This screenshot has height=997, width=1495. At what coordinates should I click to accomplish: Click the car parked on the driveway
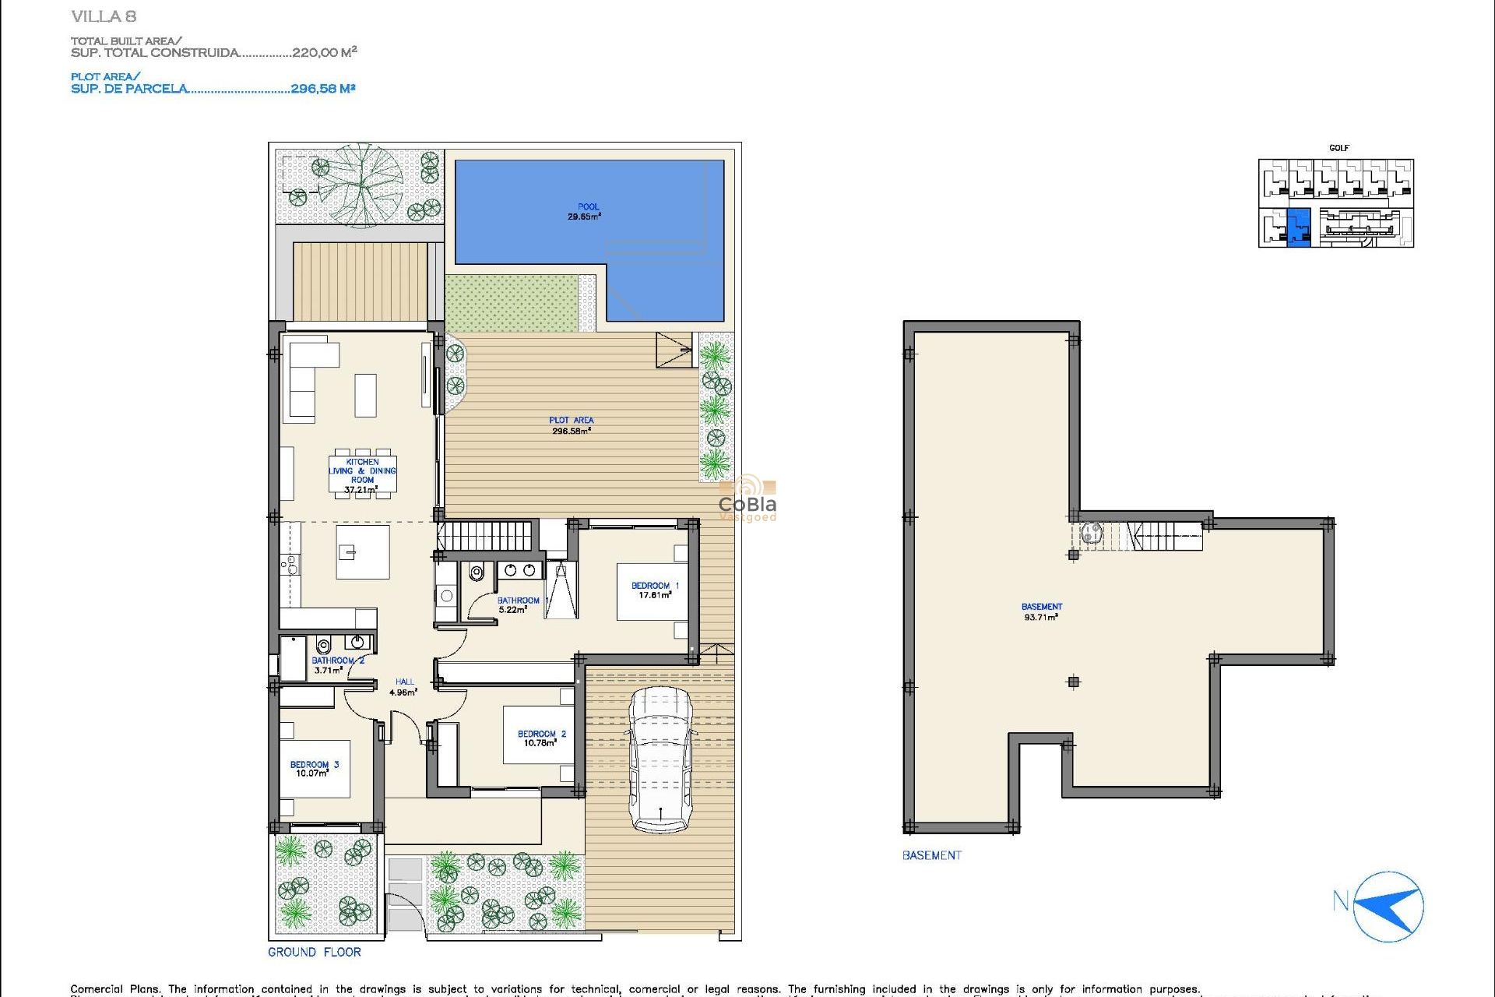point(660,759)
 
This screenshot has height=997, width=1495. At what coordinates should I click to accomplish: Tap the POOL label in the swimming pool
point(588,207)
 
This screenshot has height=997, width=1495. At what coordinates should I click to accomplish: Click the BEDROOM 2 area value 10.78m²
point(540,744)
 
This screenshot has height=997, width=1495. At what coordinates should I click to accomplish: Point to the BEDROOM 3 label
point(315,765)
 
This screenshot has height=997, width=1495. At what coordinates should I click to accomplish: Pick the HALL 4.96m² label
point(403,687)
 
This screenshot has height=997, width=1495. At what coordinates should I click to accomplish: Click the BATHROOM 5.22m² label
point(518,605)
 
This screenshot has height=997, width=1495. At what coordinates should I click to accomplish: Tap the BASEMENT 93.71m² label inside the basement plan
point(1041,611)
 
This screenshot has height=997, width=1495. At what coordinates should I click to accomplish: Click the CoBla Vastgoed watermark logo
point(747,499)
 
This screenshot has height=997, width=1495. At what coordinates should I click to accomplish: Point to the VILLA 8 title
point(103,16)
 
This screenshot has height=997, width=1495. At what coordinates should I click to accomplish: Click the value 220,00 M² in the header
point(324,53)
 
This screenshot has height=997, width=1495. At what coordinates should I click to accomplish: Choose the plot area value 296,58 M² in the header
point(322,89)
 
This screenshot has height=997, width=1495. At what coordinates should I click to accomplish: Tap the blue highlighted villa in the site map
point(1298,227)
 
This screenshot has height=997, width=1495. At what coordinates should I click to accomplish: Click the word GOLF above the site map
point(1338,148)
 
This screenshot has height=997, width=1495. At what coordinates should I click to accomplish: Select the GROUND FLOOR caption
point(315,952)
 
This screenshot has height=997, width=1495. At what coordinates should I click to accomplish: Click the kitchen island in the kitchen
point(362,551)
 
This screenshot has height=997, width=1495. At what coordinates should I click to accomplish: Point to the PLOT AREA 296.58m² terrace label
point(571,425)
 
